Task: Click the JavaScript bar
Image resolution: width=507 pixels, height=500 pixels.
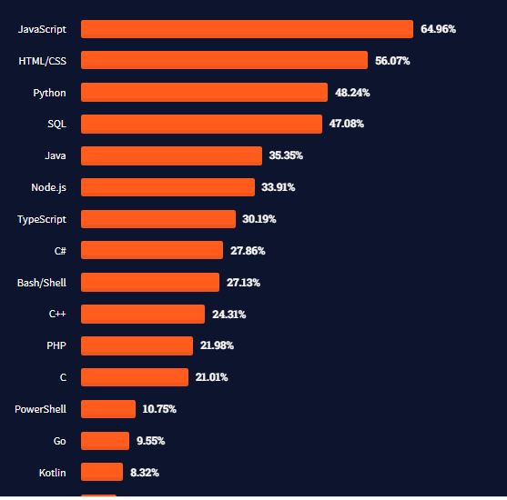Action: pyautogui.click(x=247, y=29)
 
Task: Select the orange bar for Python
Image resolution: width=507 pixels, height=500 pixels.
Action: pyautogui.click(x=204, y=93)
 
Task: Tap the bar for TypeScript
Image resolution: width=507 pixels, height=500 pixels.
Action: pyautogui.click(x=157, y=219)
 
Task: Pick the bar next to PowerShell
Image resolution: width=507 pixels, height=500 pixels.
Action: pyautogui.click(x=107, y=409)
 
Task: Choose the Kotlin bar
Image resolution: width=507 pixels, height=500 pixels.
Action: pyautogui.click(x=101, y=473)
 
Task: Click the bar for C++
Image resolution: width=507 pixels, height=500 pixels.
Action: pyautogui.click(x=143, y=315)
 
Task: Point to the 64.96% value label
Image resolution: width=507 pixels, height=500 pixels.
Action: pyautogui.click(x=438, y=29)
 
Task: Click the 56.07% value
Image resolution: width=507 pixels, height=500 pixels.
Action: pyautogui.click(x=392, y=61)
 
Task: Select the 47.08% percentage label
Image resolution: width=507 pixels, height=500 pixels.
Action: pyautogui.click(x=346, y=124)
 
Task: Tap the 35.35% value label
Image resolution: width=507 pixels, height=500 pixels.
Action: pyautogui.click(x=286, y=155)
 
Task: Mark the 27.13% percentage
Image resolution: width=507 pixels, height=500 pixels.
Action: pyautogui.click(x=243, y=283)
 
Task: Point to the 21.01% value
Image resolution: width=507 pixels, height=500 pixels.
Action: pyautogui.click(x=211, y=377)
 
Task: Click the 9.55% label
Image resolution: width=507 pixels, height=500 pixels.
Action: pyautogui.click(x=150, y=441)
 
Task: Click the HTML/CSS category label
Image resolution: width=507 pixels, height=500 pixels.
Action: pyautogui.click(x=42, y=61)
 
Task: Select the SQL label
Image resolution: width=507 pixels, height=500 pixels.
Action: pyautogui.click(x=56, y=124)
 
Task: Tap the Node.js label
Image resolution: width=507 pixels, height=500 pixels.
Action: pyautogui.click(x=48, y=187)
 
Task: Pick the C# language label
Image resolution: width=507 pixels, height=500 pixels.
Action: pyautogui.click(x=60, y=251)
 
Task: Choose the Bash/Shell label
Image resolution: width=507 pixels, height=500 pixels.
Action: pyautogui.click(x=42, y=283)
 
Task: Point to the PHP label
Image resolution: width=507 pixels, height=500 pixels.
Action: pyautogui.click(x=56, y=345)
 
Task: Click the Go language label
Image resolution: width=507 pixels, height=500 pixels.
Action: pyautogui.click(x=59, y=441)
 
